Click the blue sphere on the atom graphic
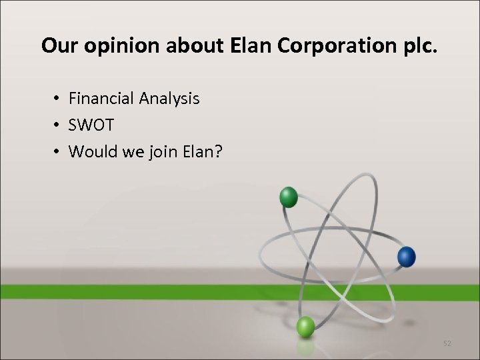click(406, 256)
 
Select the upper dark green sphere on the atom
click(289, 197)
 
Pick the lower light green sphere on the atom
click(305, 327)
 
